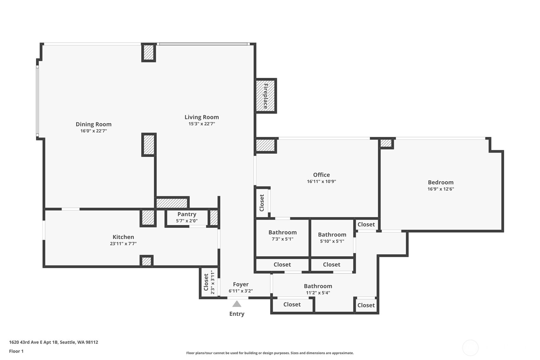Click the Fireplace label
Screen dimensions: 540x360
(x=265, y=96)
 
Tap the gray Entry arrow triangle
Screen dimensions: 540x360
(x=237, y=304)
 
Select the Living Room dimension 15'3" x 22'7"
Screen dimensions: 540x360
(x=202, y=124)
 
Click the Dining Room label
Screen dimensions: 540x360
(x=94, y=124)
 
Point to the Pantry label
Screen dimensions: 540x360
(x=187, y=214)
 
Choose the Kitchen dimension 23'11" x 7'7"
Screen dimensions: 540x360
(x=123, y=244)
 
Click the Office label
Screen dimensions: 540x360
(x=321, y=175)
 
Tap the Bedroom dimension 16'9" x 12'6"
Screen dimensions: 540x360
(x=441, y=189)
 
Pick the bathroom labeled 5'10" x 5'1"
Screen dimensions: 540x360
(x=332, y=237)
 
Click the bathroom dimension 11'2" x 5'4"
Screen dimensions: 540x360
(x=318, y=293)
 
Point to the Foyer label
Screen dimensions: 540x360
(x=241, y=284)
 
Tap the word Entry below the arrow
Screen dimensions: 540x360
(x=237, y=314)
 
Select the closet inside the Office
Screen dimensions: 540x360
(x=262, y=203)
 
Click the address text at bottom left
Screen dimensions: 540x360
(x=53, y=342)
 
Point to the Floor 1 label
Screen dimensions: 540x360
(x=17, y=351)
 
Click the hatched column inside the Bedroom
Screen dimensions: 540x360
(x=386, y=144)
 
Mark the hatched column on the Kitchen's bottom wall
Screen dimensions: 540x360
(x=146, y=261)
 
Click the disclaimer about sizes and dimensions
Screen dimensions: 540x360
(x=270, y=353)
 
